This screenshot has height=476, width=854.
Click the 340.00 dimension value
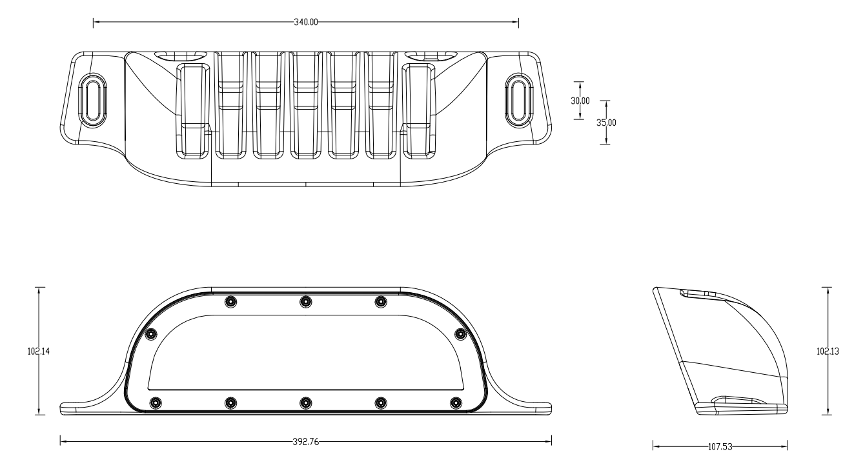click(x=306, y=22)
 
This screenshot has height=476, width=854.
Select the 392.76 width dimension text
click(x=306, y=442)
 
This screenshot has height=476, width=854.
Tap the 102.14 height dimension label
click(x=39, y=351)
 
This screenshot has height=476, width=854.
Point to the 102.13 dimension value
click(x=828, y=351)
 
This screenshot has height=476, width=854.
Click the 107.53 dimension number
click(x=720, y=447)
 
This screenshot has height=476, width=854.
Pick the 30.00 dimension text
click(x=580, y=101)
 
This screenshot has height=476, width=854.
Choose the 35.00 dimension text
click(x=606, y=123)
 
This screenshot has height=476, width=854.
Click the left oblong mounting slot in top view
click(x=93, y=100)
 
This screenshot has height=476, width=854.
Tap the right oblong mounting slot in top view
click(x=519, y=100)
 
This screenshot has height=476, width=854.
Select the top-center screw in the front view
click(x=305, y=302)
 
